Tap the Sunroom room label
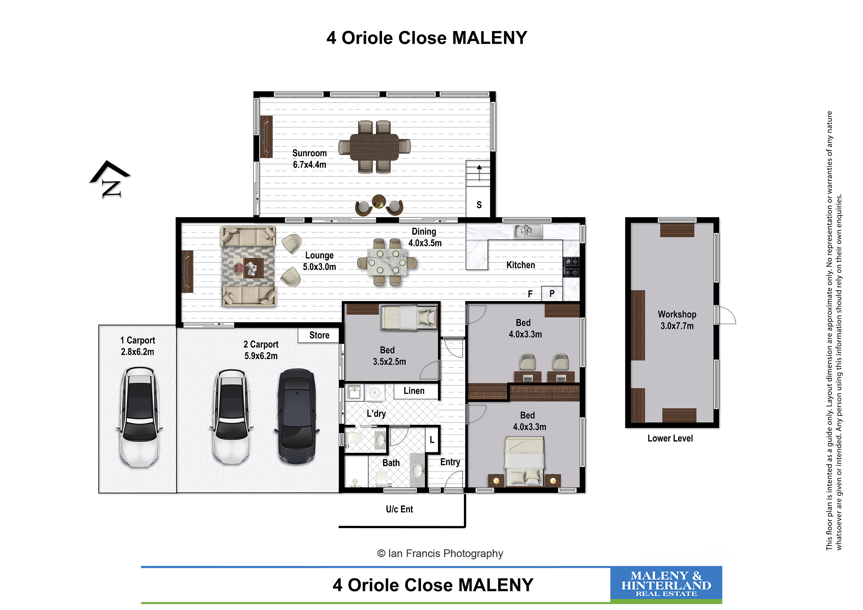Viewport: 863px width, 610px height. [309, 153]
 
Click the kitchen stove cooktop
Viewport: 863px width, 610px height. [571, 267]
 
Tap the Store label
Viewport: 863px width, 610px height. [319, 335]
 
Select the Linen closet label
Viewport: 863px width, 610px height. [414, 391]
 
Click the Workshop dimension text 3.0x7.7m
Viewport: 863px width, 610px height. [677, 326]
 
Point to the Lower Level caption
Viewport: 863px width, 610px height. [670, 438]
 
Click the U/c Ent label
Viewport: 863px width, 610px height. [399, 509]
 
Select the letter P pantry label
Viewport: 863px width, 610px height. [552, 293]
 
